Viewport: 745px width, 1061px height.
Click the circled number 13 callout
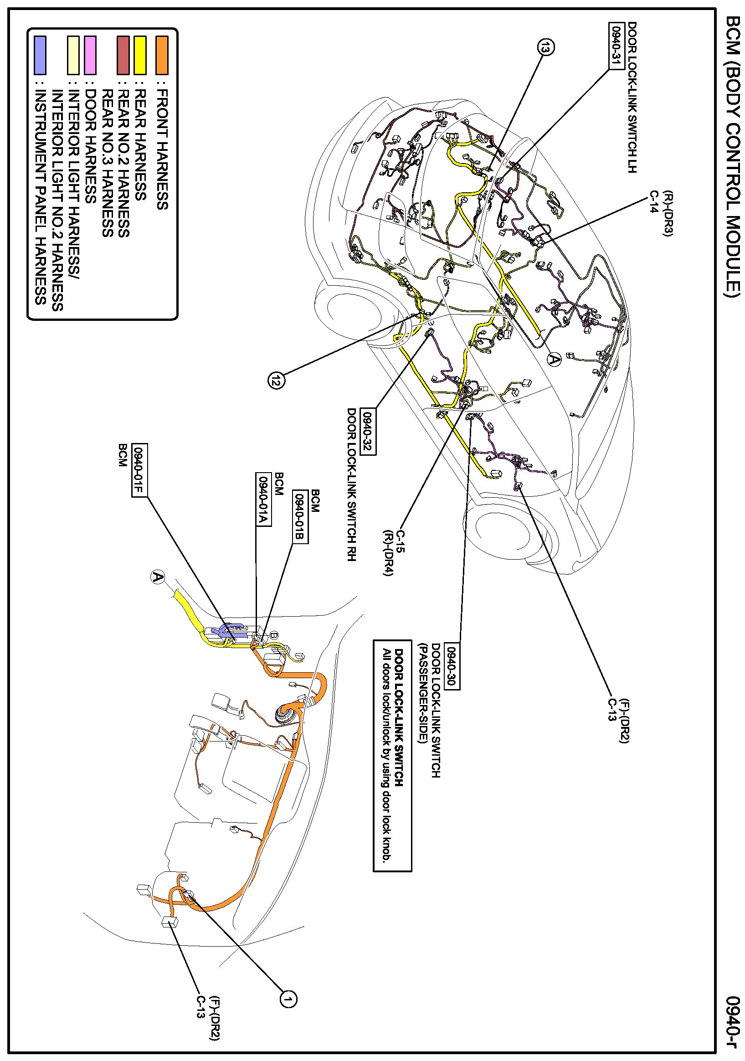pos(545,47)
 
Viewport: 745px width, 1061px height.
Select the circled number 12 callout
pos(276,380)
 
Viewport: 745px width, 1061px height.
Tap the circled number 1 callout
pos(288,999)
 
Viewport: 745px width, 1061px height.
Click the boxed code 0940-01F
pos(139,470)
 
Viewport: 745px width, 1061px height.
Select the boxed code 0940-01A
pos(263,499)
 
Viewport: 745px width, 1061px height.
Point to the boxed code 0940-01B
pos(300,517)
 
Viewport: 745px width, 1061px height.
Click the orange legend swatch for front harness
pos(162,55)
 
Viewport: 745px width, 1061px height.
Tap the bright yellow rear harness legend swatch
pos(140,55)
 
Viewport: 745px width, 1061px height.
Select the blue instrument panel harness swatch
pos(41,55)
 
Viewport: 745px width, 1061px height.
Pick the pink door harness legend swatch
pos(90,55)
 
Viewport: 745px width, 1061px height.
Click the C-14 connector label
pos(653,201)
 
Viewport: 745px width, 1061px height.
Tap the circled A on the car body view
pos(554,359)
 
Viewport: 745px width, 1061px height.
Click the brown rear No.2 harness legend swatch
pos(123,55)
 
